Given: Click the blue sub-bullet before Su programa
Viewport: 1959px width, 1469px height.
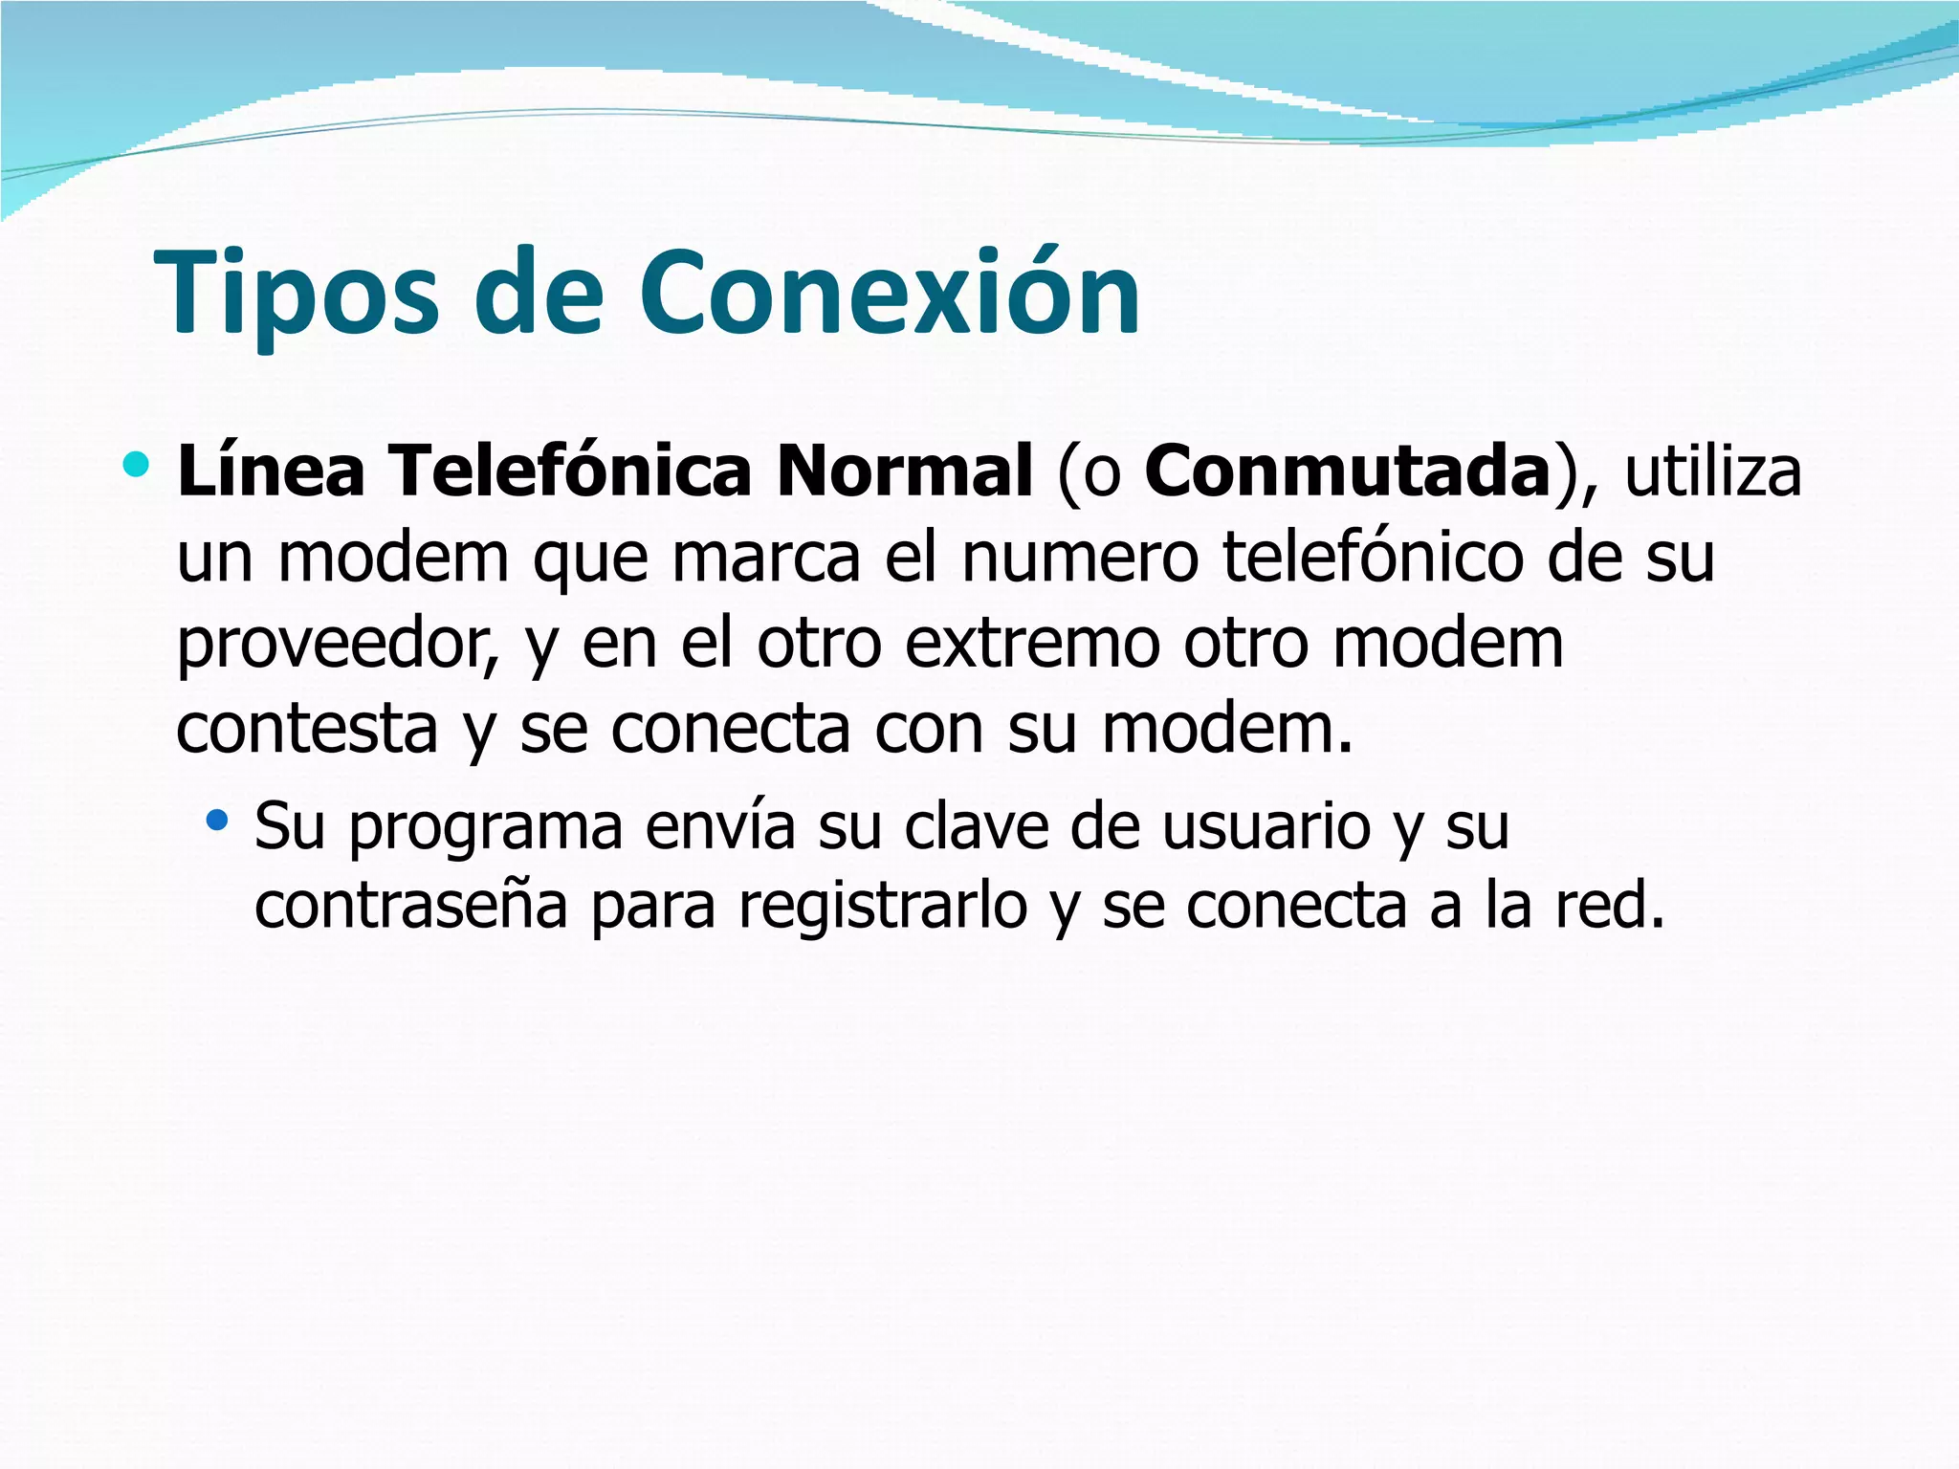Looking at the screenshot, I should (218, 819).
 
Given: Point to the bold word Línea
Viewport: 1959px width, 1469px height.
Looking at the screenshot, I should (272, 471).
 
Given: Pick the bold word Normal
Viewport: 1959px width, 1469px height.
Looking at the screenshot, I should (905, 471).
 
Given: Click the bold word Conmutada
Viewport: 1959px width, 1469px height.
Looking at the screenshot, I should (1347, 471).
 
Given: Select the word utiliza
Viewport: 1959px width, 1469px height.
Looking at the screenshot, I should (1712, 471).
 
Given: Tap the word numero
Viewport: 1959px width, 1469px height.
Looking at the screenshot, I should (1079, 557).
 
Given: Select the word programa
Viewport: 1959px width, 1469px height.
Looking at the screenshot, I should (486, 826).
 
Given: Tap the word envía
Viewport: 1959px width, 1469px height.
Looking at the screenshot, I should (719, 824).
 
